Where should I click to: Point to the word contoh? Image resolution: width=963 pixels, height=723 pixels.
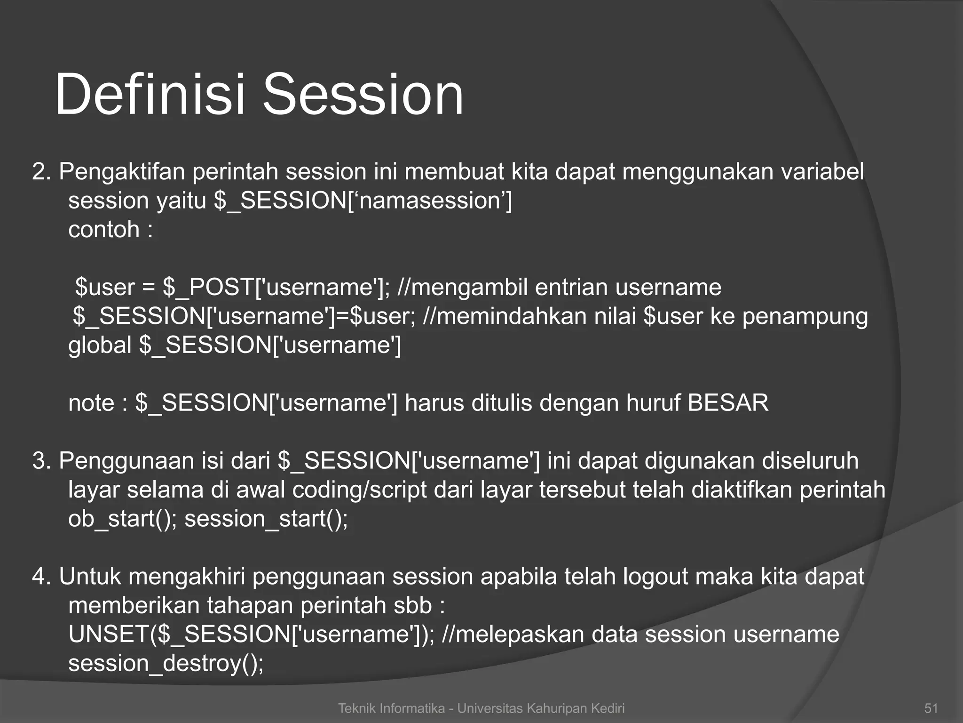click(104, 230)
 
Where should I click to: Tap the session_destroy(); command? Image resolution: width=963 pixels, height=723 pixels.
click(166, 664)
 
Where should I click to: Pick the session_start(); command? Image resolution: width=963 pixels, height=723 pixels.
click(266, 519)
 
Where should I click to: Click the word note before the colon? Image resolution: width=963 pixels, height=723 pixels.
click(91, 403)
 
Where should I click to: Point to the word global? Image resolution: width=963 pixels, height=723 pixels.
click(99, 345)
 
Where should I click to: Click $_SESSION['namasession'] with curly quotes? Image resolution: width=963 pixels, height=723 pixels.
click(363, 201)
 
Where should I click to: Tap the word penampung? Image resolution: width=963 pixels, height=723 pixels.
click(805, 316)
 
